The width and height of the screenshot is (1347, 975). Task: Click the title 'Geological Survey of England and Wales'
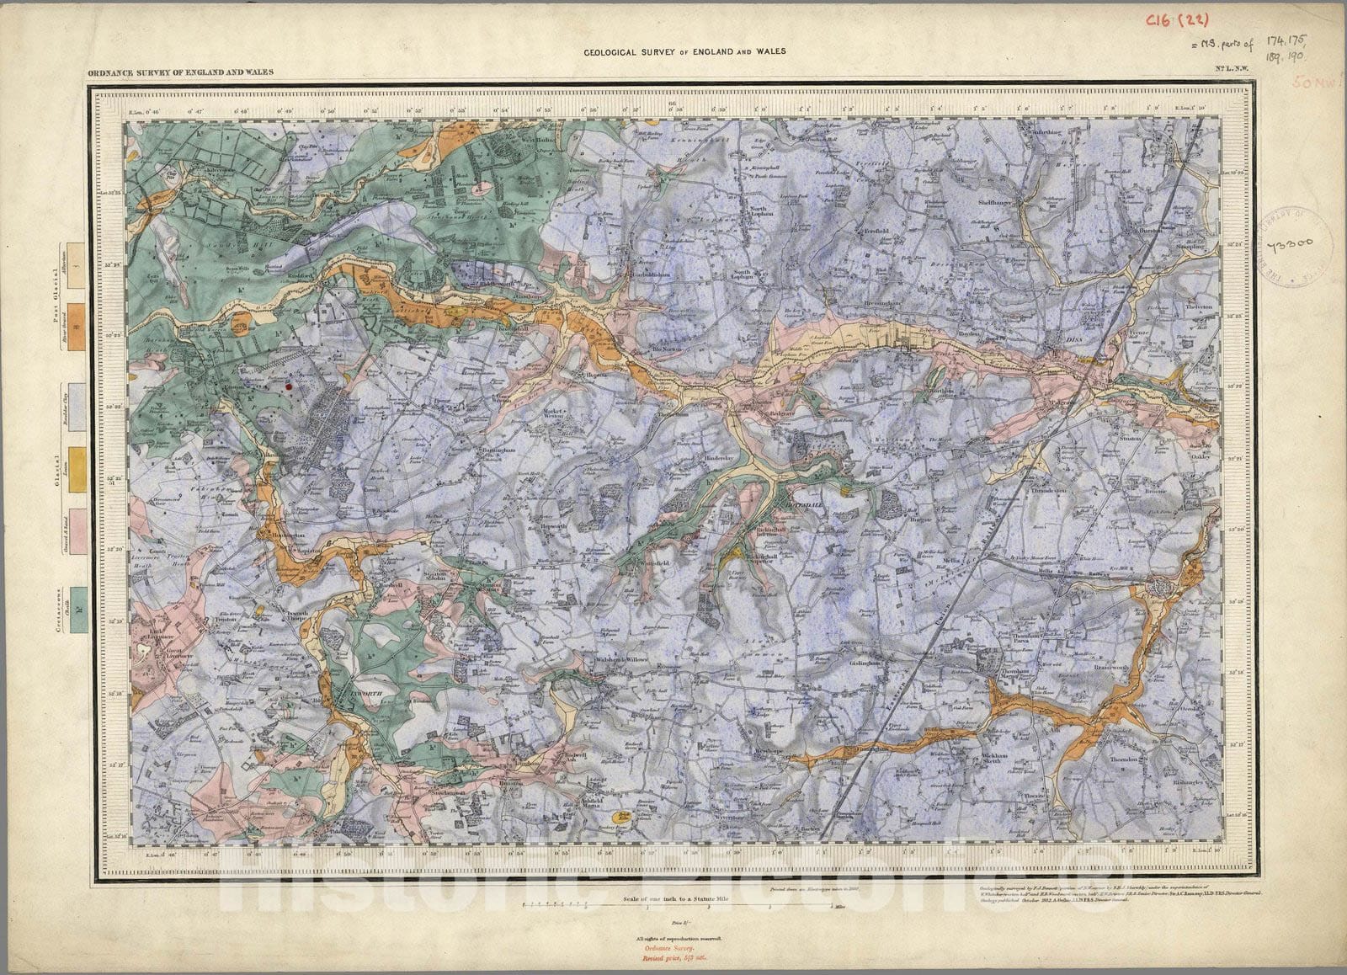685,52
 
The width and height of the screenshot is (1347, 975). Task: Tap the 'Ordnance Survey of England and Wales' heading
180,73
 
